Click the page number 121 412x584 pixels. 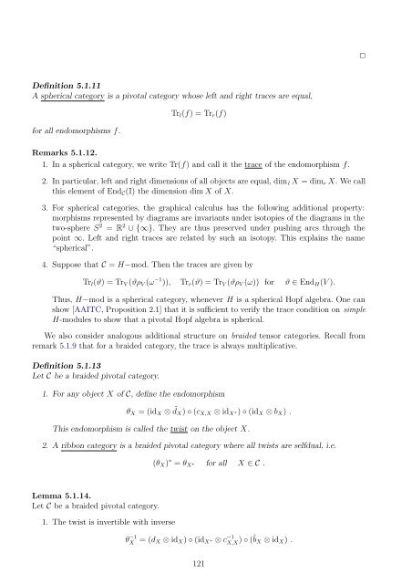click(205, 565)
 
